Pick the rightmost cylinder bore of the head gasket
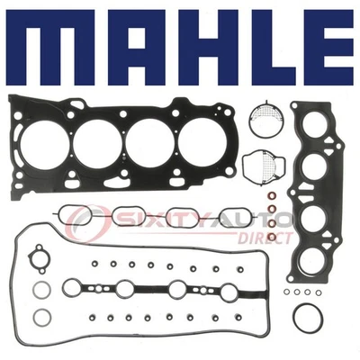tap(202, 142)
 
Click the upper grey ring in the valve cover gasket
tap(41, 291)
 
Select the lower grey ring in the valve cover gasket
tap(41, 317)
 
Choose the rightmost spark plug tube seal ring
tap(229, 290)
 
